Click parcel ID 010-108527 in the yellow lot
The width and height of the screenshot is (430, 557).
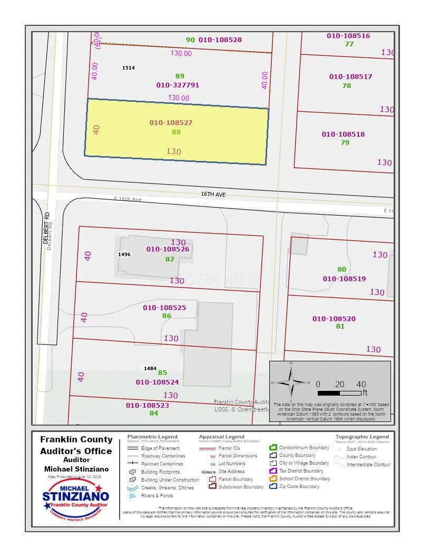(x=171, y=122)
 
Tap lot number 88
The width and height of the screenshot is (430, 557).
(x=176, y=132)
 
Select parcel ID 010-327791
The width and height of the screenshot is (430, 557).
(x=178, y=85)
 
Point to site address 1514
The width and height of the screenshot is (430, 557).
(x=128, y=68)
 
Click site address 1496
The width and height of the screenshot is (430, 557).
(x=124, y=254)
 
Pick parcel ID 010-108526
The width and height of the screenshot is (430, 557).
(x=168, y=249)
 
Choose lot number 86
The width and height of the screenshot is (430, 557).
(x=167, y=316)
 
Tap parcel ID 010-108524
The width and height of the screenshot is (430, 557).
(x=157, y=382)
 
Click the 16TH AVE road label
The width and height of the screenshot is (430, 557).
(x=213, y=194)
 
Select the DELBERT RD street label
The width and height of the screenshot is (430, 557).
(x=46, y=227)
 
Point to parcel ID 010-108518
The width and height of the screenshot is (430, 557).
(x=343, y=134)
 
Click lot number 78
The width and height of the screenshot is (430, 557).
(x=346, y=85)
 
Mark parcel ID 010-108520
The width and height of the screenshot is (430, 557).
(x=334, y=319)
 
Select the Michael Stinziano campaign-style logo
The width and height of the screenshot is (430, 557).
(x=76, y=498)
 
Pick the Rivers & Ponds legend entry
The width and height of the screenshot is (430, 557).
(x=157, y=495)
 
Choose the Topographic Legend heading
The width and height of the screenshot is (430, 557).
(x=362, y=437)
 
